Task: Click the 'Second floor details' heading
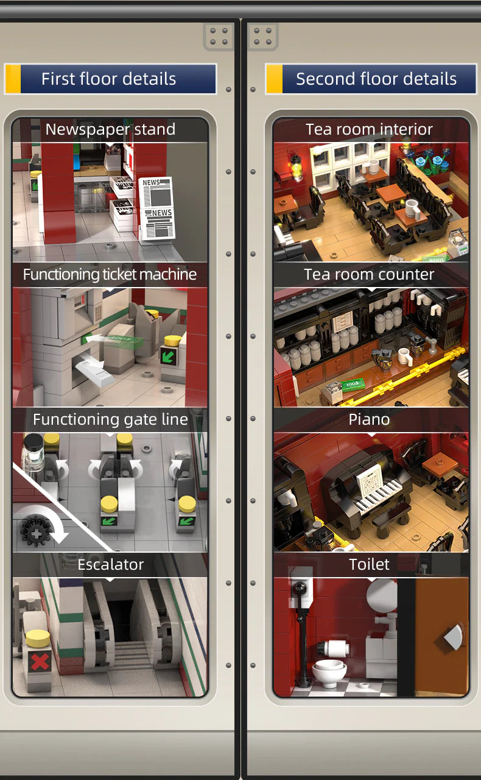[x=376, y=79]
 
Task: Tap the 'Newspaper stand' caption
[x=110, y=129]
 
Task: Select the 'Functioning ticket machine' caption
[x=110, y=274]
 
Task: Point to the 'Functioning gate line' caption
[x=110, y=419]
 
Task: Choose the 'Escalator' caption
[x=110, y=564]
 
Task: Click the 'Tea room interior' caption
[x=369, y=129]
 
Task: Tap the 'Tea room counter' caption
[x=369, y=274]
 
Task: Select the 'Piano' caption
[x=369, y=419]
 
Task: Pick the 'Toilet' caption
[x=369, y=564]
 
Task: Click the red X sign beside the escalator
[x=40, y=661]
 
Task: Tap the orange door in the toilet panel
[x=442, y=637]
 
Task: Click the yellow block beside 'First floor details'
[x=13, y=79]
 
